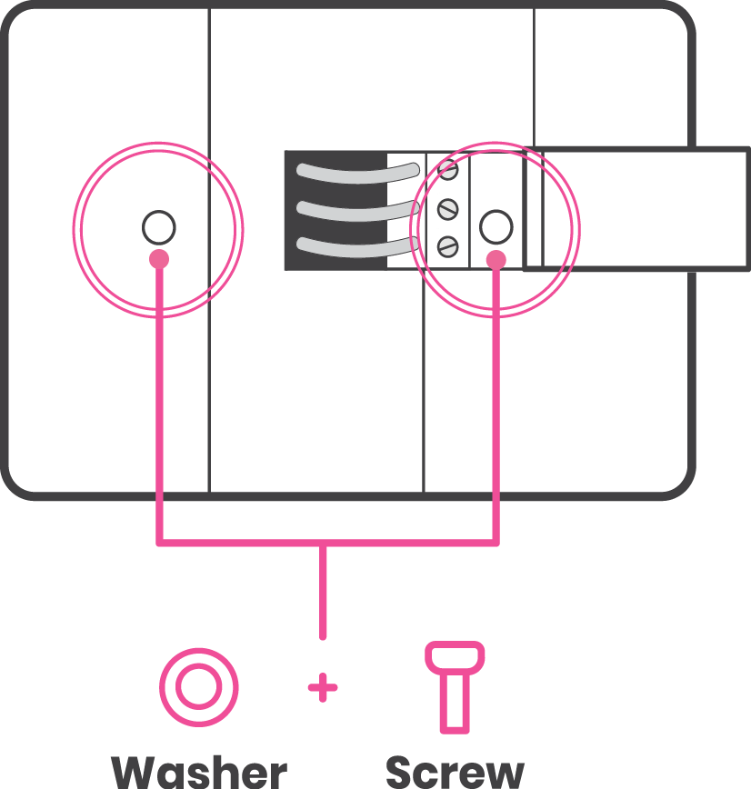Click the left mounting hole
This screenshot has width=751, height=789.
[x=158, y=227]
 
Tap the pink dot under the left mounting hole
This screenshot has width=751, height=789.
[x=159, y=259]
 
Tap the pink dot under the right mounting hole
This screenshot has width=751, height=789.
[x=496, y=260]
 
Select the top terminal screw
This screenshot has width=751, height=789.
[x=447, y=168]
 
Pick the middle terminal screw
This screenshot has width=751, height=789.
[x=446, y=209]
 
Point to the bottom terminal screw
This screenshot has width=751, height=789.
[x=446, y=245]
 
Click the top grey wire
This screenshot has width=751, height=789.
[x=355, y=174]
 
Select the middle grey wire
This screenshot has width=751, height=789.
[x=355, y=210]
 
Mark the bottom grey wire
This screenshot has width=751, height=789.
[x=355, y=245]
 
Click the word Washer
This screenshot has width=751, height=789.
[x=199, y=772]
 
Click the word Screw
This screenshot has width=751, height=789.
[x=455, y=772]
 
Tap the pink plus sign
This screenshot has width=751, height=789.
[x=322, y=688]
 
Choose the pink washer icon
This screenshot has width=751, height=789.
[x=198, y=687]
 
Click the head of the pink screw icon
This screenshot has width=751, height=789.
[x=455, y=655]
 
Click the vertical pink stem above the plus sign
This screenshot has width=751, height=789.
[x=322, y=591]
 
